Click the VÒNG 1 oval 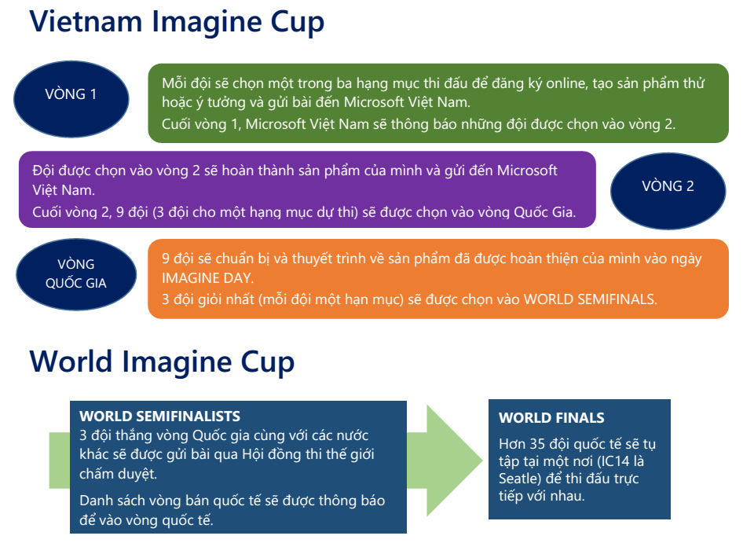71,99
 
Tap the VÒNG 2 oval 668,191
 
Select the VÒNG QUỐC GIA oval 76,274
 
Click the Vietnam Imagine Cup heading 177,22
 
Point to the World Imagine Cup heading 162,361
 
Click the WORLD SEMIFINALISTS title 159,416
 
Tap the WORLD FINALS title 551,418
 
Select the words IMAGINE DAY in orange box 207,278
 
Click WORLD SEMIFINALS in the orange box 590,299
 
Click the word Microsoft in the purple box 527,171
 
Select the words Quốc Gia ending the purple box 545,212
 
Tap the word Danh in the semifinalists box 95,501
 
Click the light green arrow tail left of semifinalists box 60,460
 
